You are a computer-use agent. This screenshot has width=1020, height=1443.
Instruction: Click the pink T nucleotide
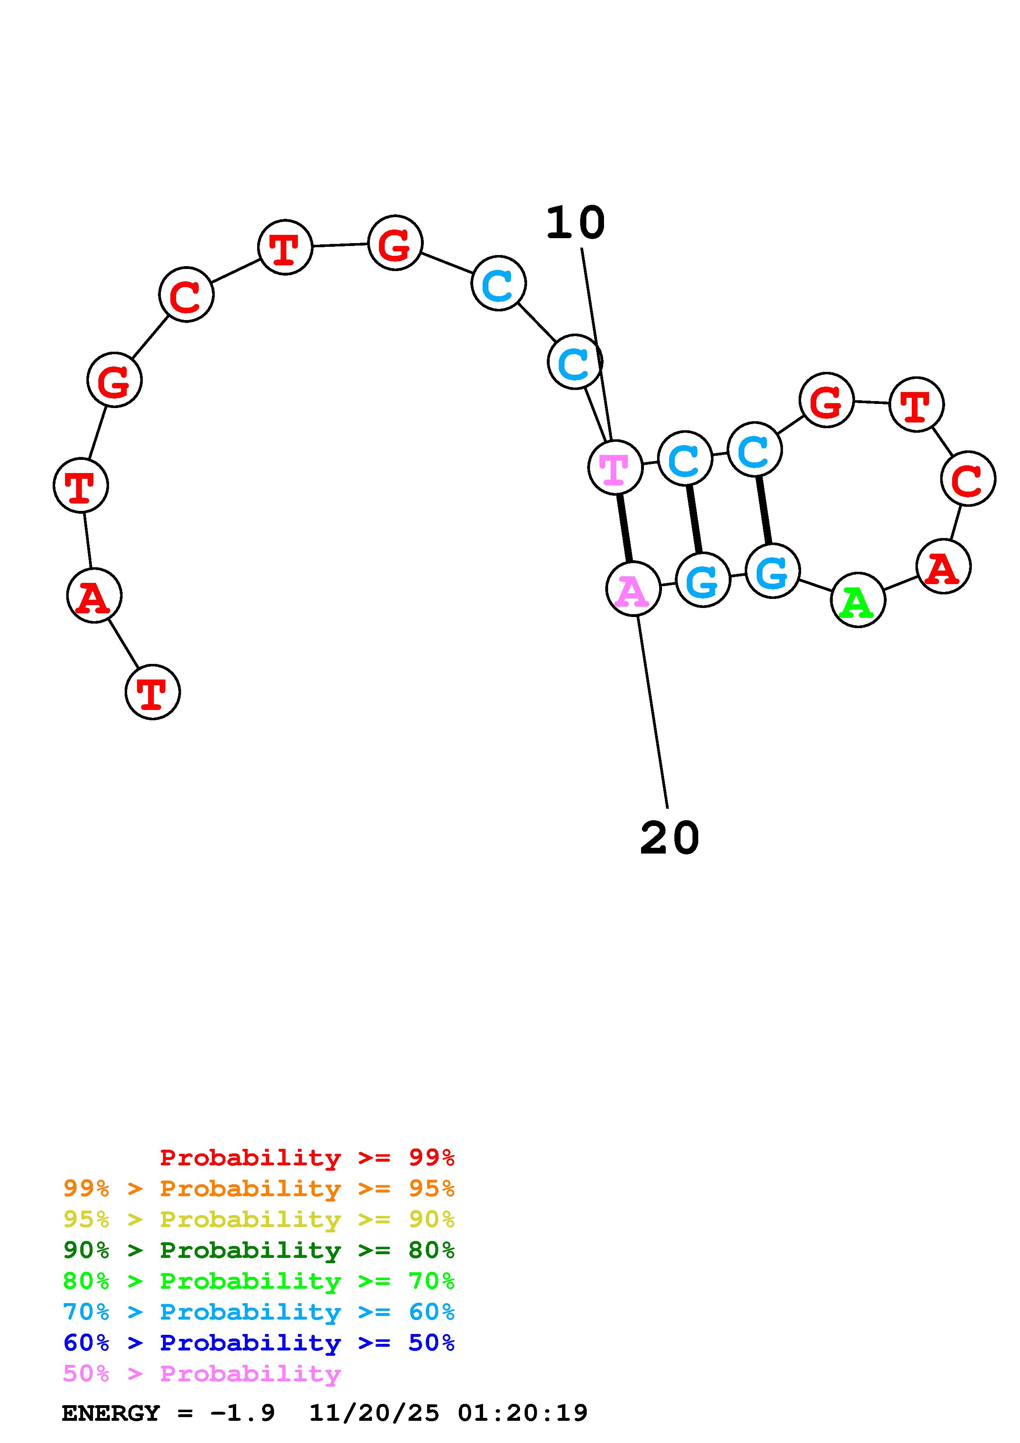point(615,468)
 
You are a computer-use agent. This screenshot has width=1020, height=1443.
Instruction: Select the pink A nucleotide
point(633,589)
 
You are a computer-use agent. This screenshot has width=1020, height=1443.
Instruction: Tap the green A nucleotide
point(858,600)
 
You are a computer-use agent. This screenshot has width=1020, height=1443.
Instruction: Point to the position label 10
point(575,224)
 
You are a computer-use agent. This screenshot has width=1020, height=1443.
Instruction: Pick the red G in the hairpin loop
point(827,400)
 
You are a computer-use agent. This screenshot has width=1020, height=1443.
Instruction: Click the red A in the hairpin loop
point(943,567)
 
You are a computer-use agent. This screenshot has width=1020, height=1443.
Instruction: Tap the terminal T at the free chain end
point(153,691)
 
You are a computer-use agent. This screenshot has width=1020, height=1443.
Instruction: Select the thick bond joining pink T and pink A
point(624,528)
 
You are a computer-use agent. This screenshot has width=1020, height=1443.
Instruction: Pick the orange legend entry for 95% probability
point(259,1188)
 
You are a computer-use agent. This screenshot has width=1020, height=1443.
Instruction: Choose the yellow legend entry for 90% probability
point(259,1219)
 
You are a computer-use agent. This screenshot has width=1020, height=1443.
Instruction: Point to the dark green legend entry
point(259,1250)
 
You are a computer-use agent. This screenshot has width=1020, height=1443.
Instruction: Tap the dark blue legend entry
point(259,1343)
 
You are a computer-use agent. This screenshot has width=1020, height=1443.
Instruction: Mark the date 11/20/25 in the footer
point(374,1413)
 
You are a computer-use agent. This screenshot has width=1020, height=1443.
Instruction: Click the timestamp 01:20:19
point(522,1413)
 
